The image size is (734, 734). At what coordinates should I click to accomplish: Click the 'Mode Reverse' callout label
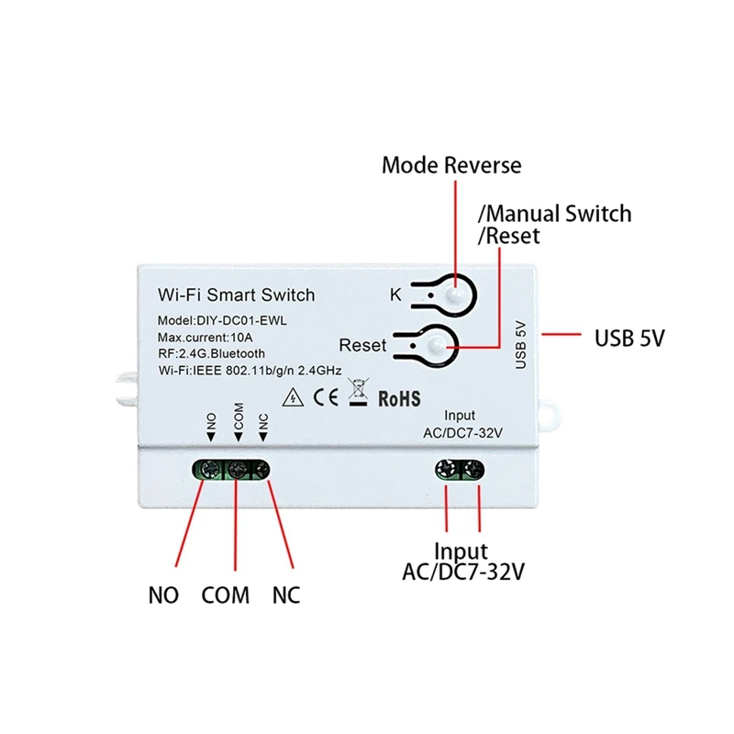[450, 165]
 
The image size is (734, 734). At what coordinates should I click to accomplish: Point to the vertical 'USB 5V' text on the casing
[521, 344]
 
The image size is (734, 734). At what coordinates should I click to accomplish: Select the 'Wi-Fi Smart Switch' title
[237, 295]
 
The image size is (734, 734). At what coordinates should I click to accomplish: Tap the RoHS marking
[398, 399]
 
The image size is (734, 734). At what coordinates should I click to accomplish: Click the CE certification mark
[328, 398]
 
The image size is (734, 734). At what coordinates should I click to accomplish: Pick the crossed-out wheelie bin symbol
[361, 396]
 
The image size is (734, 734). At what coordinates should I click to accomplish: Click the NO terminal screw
[210, 471]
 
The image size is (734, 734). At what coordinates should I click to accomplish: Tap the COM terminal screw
[238, 471]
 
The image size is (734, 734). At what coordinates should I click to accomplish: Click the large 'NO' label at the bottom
[163, 595]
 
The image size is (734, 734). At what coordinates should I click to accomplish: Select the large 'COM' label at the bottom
[226, 595]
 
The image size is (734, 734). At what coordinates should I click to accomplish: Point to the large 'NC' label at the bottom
[285, 595]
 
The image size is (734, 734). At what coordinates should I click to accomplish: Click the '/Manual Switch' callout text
[554, 214]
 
